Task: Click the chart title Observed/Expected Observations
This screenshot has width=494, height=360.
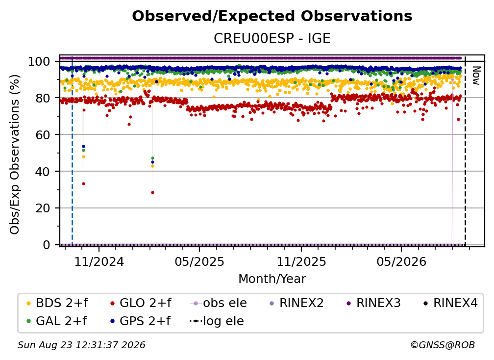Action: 272,16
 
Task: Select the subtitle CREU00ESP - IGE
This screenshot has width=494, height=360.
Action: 272,38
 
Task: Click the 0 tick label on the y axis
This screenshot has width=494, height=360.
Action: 47,245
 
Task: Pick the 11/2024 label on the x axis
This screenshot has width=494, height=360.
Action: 99,261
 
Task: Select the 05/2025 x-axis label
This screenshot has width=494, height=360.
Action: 199,261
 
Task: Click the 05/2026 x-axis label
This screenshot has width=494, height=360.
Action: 401,261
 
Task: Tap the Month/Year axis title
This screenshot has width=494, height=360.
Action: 272,279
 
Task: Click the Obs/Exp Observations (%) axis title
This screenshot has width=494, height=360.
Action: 15,154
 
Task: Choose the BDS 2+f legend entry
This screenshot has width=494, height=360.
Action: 57,303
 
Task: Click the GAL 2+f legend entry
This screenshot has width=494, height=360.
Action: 57,321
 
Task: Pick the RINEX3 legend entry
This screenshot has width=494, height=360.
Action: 373,303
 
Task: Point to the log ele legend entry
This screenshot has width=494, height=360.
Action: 217,321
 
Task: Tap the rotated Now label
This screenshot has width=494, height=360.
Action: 476,76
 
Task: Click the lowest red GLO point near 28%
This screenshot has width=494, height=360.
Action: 153,193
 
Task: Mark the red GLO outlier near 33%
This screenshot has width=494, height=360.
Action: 83,184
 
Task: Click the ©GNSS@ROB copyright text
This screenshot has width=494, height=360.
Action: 443,345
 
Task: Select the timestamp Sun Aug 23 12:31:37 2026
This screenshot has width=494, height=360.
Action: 81,345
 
